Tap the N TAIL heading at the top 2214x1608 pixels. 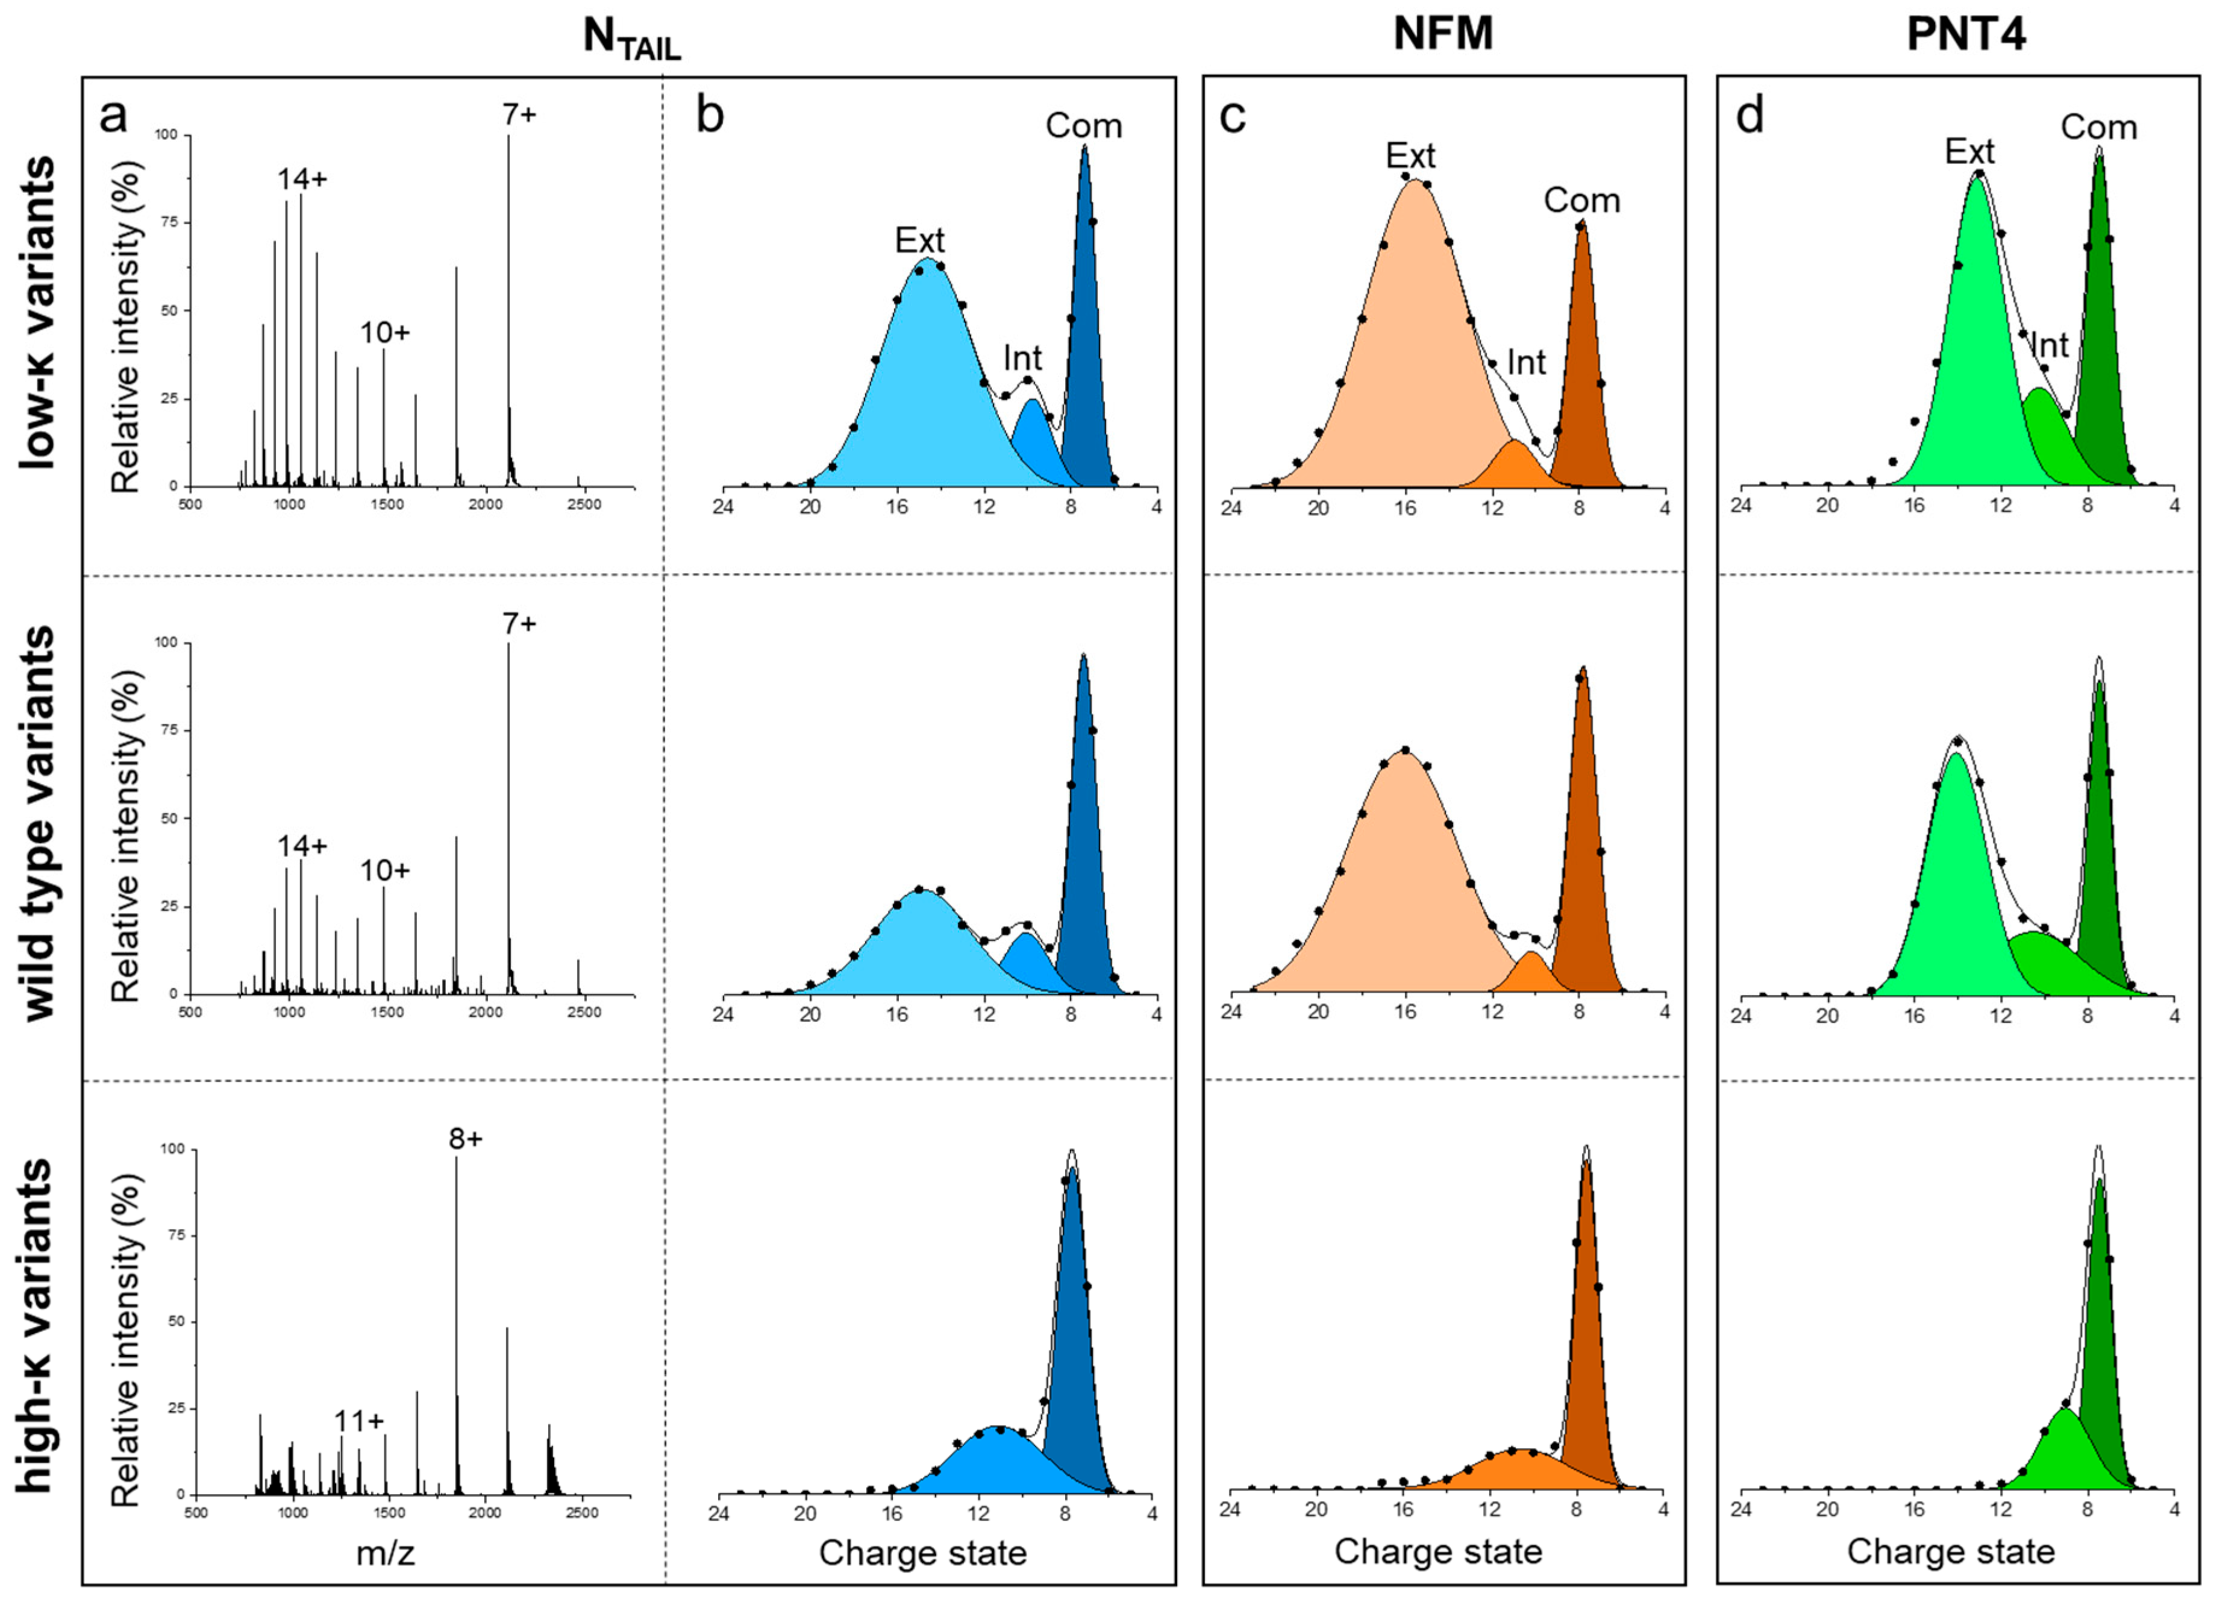631,38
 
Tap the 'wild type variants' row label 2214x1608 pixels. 38,824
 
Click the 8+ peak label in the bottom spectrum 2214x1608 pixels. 466,1139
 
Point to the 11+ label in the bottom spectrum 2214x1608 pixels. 358,1421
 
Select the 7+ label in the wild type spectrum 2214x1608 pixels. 519,623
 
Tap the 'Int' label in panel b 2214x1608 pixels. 1022,359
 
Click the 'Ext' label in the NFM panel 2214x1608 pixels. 1410,155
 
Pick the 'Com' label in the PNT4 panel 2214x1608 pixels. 2099,127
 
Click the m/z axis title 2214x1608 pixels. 386,1553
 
